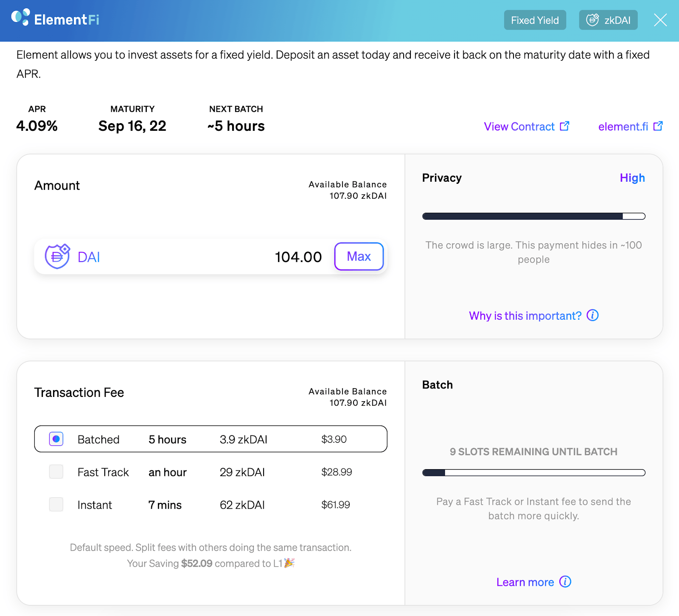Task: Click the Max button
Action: point(359,256)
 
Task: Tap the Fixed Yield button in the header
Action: point(535,20)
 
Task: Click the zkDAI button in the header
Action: point(608,20)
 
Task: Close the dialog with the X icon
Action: point(660,20)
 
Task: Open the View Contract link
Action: point(526,127)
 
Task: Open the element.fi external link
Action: point(630,127)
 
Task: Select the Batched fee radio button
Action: point(56,439)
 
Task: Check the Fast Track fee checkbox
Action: point(56,472)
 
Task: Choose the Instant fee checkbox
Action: point(56,504)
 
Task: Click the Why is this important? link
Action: point(533,315)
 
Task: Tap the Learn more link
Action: point(533,582)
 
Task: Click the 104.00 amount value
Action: point(298,257)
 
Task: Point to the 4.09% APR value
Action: point(37,126)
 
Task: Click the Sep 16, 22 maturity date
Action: point(132,126)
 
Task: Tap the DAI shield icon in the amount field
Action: point(57,256)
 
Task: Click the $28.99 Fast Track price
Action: point(337,472)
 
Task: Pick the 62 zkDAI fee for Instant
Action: point(242,505)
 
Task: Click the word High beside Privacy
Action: point(632,178)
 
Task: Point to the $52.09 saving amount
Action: point(196,563)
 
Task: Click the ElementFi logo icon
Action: point(20,17)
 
